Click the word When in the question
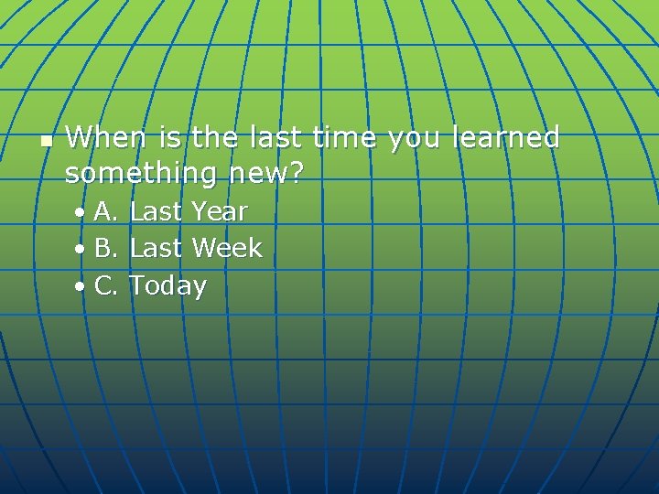(106, 138)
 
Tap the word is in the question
(169, 138)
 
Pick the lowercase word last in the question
(274, 138)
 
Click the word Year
(219, 211)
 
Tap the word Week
(227, 248)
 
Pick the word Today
(168, 286)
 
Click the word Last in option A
(156, 211)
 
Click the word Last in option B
(156, 248)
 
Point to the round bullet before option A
(81, 213)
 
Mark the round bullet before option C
(81, 287)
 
